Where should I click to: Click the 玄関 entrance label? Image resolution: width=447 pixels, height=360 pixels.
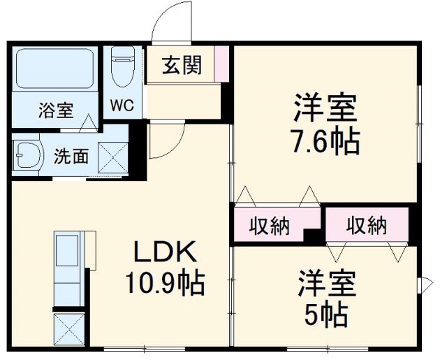(182, 65)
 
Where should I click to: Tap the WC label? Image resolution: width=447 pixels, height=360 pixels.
(122, 106)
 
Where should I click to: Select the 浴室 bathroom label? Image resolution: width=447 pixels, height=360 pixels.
(56, 110)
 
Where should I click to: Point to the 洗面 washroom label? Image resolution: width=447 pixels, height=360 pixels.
(71, 155)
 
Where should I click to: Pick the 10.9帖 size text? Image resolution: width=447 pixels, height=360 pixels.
(164, 283)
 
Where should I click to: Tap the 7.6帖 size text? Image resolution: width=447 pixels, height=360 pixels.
(325, 142)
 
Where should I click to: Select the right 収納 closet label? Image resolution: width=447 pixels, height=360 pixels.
(367, 225)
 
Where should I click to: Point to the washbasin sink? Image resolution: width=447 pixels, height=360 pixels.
(28, 154)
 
